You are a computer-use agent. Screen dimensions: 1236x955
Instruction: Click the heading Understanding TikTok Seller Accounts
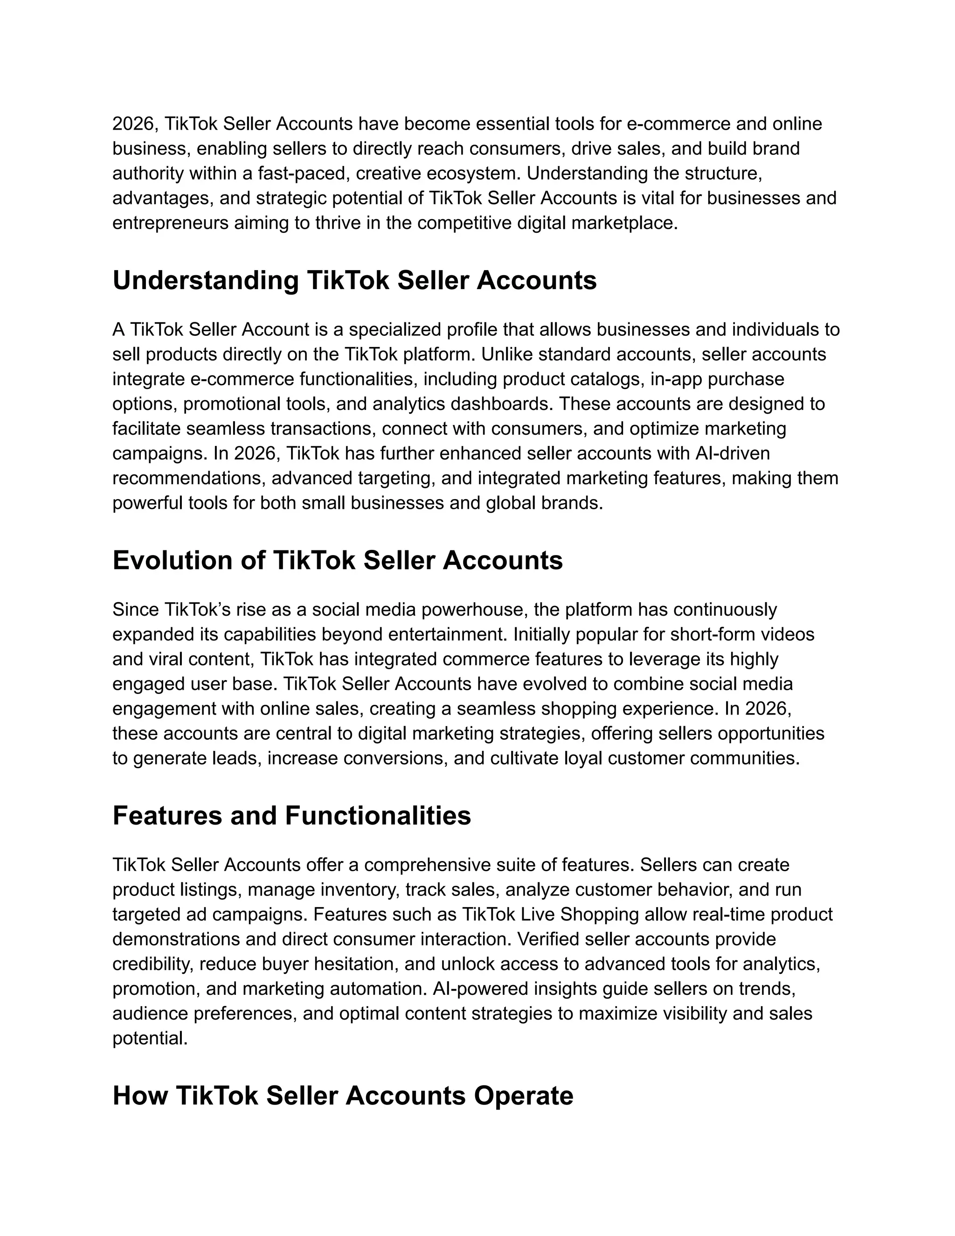pos(354,281)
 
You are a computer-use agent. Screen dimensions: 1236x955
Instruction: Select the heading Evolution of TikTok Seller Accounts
pos(337,561)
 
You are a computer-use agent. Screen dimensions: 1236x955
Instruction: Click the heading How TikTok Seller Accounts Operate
pos(343,1096)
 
